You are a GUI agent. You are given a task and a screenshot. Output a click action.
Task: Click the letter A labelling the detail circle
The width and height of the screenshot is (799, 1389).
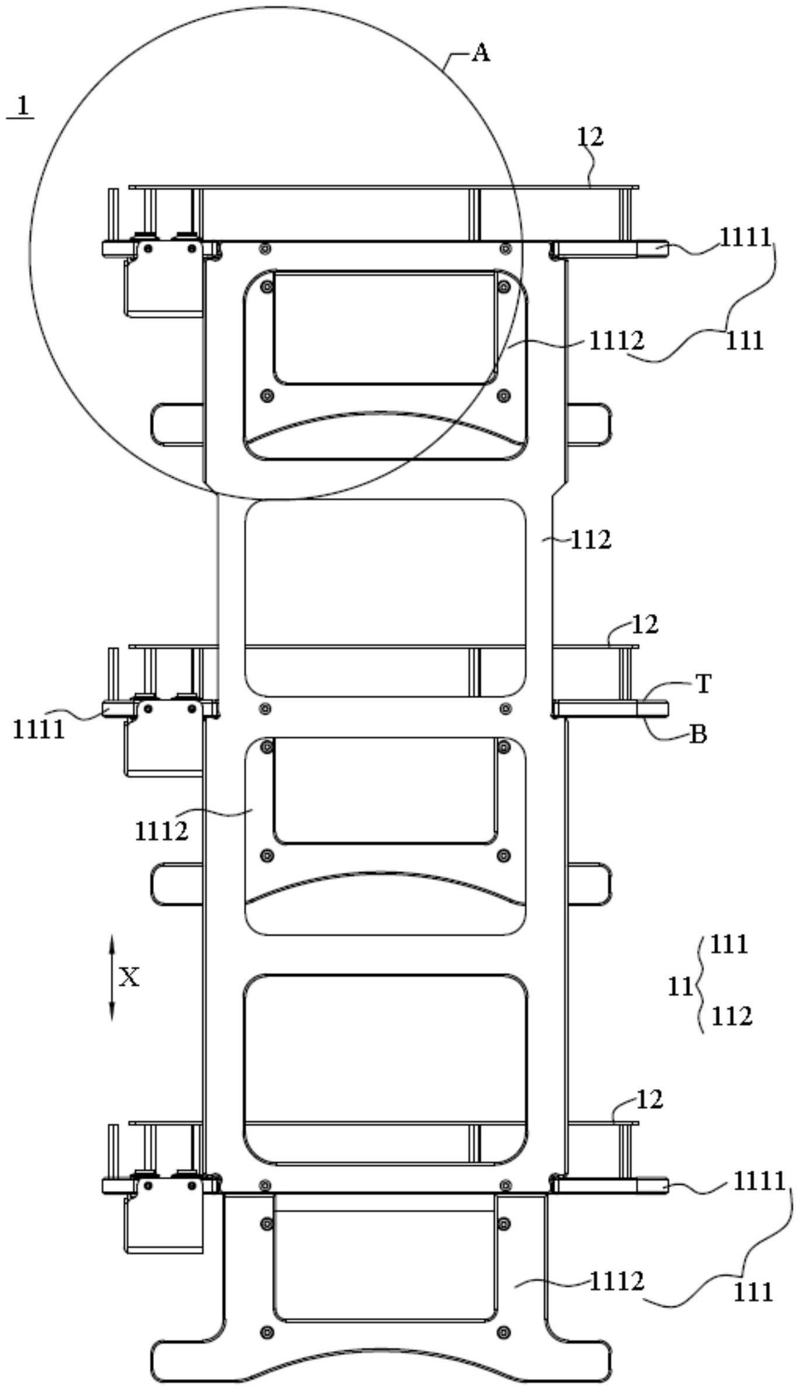[481, 53]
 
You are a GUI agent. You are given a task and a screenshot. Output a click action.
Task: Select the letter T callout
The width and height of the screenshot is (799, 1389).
[703, 683]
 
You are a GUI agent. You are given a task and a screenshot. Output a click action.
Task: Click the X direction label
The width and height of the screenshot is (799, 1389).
[129, 977]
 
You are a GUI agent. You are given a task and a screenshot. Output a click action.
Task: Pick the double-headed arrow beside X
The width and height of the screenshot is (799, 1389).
[112, 978]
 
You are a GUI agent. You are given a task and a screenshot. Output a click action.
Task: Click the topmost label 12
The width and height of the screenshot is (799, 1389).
[589, 136]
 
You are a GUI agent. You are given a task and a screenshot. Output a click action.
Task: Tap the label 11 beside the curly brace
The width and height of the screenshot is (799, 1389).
[680, 987]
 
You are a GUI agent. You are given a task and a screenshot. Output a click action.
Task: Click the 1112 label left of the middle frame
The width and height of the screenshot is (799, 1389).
[162, 831]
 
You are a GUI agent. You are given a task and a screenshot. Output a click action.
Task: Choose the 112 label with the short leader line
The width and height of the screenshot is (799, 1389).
[591, 540]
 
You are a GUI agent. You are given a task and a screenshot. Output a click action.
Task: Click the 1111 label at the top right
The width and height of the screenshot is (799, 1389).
[746, 237]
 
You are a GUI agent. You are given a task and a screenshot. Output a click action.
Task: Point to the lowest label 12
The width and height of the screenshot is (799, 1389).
[649, 1100]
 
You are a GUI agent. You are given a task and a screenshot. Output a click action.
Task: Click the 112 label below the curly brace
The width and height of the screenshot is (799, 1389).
[732, 1017]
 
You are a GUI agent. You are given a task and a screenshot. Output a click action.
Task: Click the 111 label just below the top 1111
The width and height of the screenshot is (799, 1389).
[745, 340]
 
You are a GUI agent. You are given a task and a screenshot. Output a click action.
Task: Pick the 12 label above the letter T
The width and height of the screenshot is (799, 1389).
[645, 625]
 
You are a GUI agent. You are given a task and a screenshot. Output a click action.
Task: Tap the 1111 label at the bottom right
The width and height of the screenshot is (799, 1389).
[759, 1182]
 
